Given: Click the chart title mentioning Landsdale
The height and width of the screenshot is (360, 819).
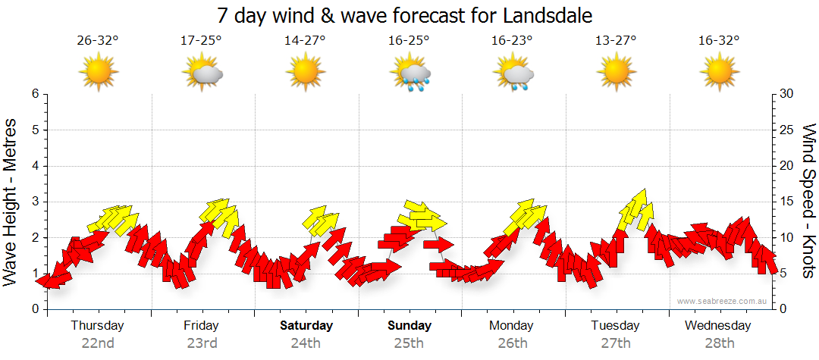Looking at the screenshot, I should coord(404,15).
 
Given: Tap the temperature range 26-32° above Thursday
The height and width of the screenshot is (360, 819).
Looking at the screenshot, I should coord(98,41).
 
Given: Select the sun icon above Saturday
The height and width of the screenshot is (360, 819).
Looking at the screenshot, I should coord(305,73).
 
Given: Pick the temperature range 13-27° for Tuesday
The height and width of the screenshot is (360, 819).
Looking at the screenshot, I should coord(615,41).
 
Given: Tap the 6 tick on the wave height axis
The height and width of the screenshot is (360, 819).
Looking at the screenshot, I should coord(34,94).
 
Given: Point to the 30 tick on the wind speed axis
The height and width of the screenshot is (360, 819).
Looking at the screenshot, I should coord(786,94).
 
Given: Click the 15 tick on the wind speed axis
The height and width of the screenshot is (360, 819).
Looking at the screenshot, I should coord(786,202).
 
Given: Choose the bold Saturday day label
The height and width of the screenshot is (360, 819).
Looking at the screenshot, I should coord(306,326).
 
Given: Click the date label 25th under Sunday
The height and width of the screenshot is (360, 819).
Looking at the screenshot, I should coord(409,343).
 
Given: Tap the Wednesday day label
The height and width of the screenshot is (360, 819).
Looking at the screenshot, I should coord(717,326).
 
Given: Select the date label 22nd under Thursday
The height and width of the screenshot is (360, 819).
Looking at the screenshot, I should coord(98,343).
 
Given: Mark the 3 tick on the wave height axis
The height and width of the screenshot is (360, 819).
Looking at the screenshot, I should coord(34,202).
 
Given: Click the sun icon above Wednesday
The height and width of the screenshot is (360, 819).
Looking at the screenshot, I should coord(718,73).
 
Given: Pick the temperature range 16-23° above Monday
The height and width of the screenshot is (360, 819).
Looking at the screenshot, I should coord(511,41).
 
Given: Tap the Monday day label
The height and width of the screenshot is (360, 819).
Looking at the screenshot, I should coord(512,326).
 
